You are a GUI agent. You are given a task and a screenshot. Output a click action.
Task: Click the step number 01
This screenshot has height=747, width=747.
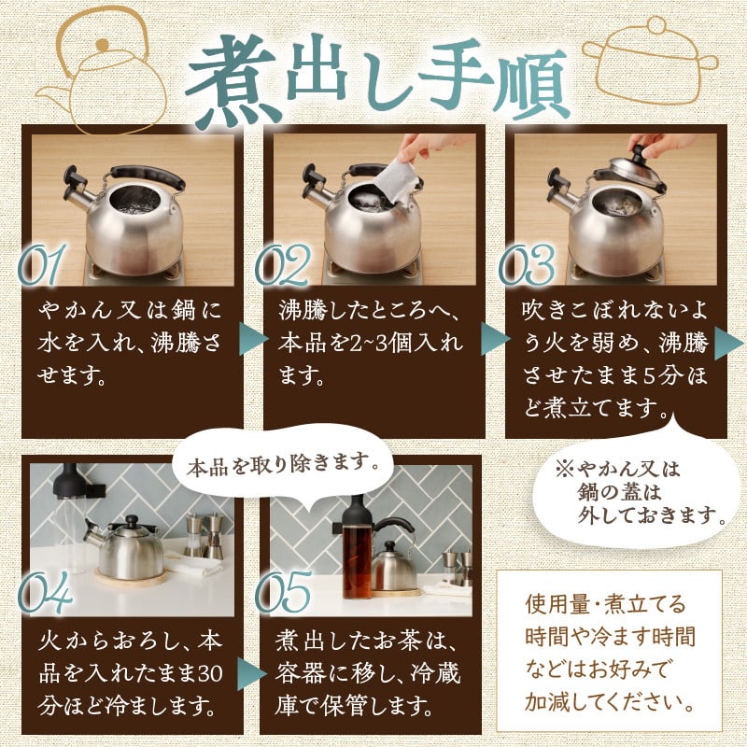(x=41, y=265)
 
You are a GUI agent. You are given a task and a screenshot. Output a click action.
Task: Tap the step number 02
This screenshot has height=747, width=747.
(x=283, y=265)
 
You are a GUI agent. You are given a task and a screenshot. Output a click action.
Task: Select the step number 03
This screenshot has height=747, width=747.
(x=527, y=265)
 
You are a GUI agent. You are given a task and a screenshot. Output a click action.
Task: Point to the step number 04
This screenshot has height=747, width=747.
(x=45, y=592)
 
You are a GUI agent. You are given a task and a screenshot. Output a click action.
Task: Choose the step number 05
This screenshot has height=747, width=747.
(x=284, y=592)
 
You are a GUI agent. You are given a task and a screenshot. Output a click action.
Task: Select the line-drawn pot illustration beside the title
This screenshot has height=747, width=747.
(x=650, y=61)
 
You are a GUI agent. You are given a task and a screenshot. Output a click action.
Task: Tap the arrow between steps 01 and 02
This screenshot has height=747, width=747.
(x=252, y=339)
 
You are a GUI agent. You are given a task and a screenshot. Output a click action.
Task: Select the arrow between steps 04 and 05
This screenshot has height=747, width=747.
(x=251, y=673)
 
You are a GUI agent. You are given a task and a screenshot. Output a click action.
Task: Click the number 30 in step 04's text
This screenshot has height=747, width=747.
(x=210, y=673)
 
